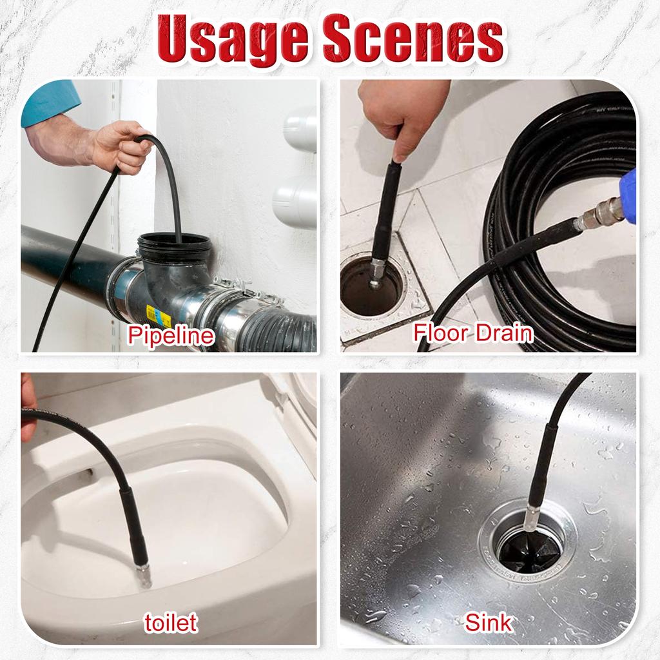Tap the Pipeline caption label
point(170,336)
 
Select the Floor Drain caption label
point(473,333)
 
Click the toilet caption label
point(170,623)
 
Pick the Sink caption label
point(489,623)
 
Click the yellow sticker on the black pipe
point(157,316)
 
